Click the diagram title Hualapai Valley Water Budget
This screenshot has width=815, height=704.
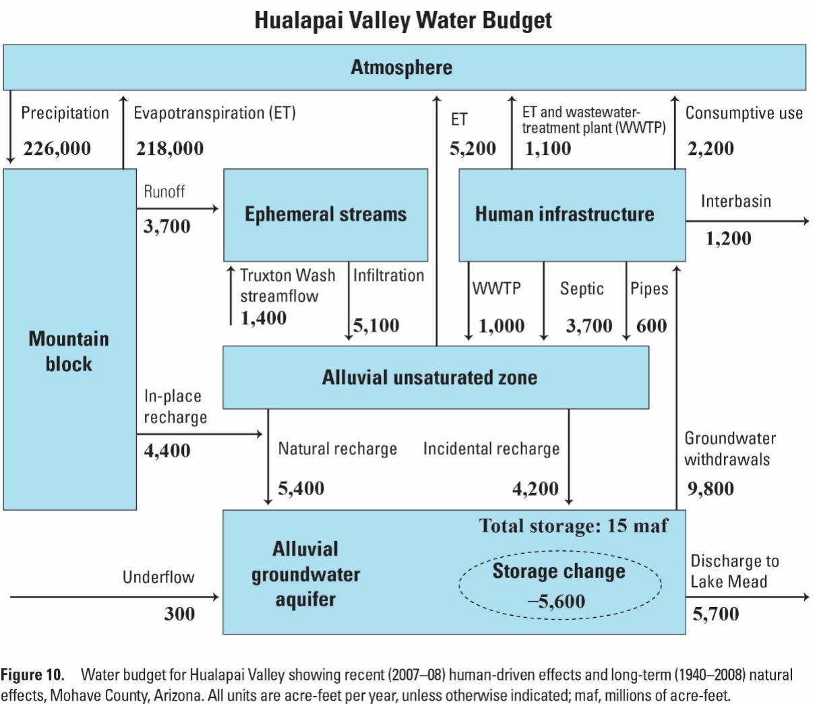402,20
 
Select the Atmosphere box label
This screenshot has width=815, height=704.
402,67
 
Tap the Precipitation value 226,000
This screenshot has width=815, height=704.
57,148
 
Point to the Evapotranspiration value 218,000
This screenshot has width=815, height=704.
170,148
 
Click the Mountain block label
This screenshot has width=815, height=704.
69,351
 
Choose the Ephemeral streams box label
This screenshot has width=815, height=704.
326,214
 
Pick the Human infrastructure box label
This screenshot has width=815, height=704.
565,214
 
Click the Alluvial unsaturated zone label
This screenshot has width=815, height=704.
429,377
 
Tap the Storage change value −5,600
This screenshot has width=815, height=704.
556,601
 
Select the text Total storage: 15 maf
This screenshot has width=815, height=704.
574,525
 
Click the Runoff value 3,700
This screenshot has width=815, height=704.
167,226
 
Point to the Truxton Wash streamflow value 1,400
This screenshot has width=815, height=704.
264,318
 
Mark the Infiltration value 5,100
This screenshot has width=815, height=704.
376,325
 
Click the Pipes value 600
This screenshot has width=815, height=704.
651,325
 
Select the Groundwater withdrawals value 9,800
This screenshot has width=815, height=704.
711,488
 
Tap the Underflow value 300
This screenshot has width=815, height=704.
179,614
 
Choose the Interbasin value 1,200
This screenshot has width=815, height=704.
728,238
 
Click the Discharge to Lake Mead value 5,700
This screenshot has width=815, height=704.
716,614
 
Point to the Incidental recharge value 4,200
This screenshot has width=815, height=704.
535,488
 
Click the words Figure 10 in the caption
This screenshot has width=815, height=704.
32,675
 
